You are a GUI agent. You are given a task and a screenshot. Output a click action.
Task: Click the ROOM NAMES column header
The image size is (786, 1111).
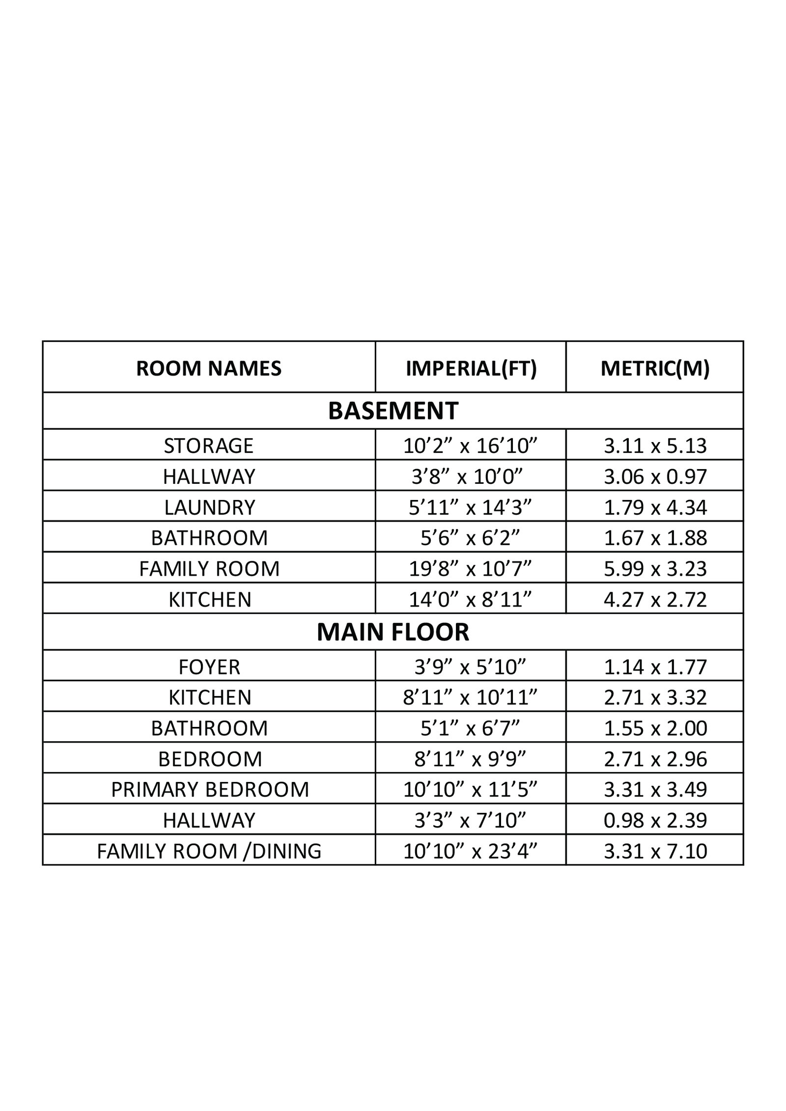click(x=209, y=368)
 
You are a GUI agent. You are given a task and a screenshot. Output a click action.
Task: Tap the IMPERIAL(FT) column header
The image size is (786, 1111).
click(x=471, y=368)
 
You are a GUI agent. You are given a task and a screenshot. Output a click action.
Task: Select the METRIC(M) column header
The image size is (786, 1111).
click(x=655, y=368)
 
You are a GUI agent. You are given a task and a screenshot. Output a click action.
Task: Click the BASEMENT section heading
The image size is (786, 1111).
click(x=393, y=411)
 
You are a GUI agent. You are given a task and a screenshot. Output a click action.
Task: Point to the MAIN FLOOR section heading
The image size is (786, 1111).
click(x=393, y=632)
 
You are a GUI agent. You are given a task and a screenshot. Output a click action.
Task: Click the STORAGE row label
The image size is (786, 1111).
click(x=209, y=445)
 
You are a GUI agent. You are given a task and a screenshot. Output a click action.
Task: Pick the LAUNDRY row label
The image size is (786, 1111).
click(x=209, y=507)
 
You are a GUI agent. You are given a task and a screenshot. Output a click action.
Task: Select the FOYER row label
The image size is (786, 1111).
click(x=209, y=667)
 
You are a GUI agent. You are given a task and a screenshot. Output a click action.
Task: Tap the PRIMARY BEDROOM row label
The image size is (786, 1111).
click(x=210, y=789)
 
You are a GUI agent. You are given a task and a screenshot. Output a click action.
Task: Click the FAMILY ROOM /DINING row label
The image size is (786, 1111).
click(x=209, y=851)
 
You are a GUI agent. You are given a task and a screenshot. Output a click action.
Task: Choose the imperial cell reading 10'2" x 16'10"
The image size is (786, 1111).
click(x=471, y=445)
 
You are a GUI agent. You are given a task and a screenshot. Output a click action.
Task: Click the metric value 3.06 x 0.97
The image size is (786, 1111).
click(x=655, y=476)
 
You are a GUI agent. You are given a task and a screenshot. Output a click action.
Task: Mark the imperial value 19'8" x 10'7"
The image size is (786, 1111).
click(x=471, y=569)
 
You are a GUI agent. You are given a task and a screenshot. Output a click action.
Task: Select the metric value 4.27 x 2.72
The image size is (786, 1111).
click(x=655, y=600)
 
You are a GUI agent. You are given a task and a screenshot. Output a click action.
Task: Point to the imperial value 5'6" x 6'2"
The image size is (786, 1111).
click(x=471, y=538)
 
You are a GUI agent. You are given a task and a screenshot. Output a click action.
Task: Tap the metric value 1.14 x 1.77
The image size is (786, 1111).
click(x=655, y=667)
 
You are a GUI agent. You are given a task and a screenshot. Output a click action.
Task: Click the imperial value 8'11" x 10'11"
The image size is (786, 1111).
click(x=471, y=697)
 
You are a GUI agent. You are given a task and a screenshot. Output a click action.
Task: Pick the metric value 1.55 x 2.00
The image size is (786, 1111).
click(x=655, y=728)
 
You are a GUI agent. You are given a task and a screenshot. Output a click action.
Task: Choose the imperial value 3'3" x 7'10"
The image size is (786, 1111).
click(x=471, y=820)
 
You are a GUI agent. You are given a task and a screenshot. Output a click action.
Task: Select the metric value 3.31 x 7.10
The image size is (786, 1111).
click(x=655, y=851)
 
